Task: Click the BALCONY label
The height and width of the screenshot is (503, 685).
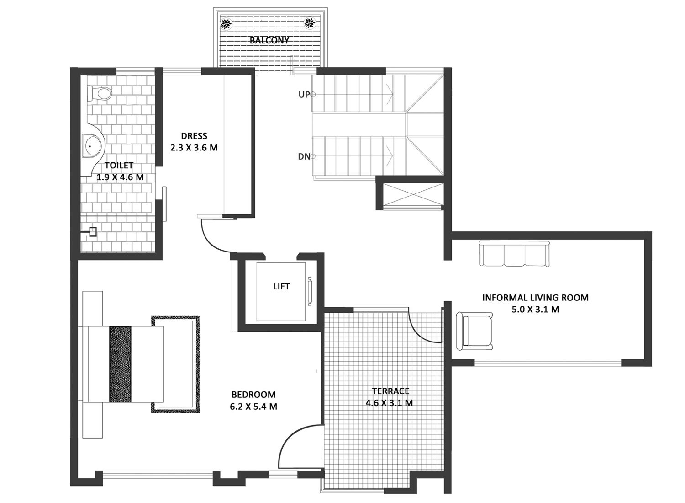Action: pos(269,40)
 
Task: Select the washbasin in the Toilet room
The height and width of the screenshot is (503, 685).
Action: pos(92,146)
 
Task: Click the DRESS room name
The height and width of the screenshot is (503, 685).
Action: pos(194,136)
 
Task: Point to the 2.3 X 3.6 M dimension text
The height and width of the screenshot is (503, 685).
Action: pos(194,148)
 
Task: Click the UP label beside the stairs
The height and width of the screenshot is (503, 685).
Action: pos(304,95)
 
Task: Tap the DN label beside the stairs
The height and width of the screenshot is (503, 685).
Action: pos(304,157)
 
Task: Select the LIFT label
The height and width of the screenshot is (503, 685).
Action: pos(281,286)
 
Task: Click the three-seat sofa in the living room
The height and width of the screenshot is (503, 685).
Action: pos(514,254)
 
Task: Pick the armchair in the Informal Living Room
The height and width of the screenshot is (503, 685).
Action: pos(474,331)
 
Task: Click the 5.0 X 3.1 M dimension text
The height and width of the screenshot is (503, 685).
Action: pos(536,310)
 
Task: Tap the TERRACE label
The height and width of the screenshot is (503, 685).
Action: pos(390,391)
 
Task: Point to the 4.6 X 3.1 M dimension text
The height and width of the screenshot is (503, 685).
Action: pos(389,403)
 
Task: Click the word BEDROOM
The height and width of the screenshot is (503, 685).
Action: pos(253,394)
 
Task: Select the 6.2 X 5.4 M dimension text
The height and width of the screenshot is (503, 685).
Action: pos(253,407)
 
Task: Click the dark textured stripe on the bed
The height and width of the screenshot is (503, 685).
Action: pos(120,364)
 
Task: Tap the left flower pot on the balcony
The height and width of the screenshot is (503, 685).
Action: pos(227,24)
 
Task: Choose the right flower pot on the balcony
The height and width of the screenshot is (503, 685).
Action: pos(310,23)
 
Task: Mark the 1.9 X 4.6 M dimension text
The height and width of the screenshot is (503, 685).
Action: pos(120,177)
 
